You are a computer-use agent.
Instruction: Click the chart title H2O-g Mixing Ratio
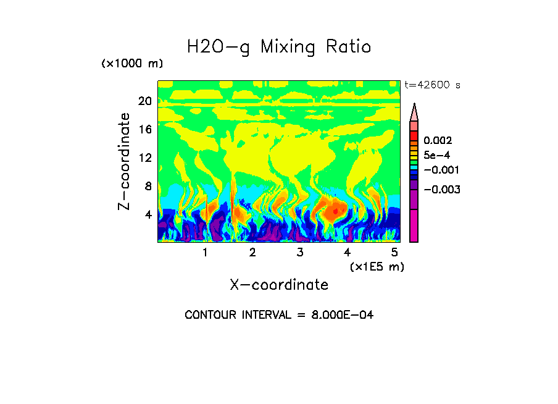279,47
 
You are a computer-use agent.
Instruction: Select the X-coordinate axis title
279,285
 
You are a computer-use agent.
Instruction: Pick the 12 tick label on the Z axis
145,158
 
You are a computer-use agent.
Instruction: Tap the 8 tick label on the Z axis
148,186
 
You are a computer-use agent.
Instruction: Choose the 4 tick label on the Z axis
148,214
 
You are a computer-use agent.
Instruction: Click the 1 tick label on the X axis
205,253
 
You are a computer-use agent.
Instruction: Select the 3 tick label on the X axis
299,253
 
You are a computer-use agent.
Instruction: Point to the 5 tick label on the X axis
394,253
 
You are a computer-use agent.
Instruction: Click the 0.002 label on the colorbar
438,141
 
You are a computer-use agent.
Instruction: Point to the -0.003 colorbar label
442,189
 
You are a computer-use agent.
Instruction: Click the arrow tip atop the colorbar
414,106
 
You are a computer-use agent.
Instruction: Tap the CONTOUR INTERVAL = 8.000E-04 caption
279,315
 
